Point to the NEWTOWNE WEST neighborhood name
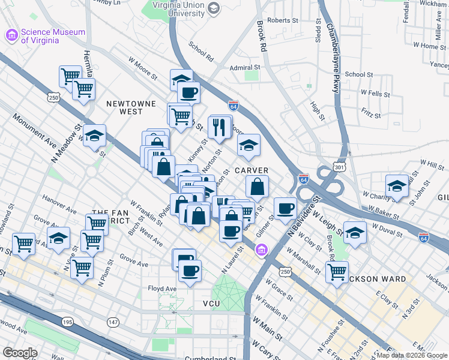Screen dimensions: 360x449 [125, 107]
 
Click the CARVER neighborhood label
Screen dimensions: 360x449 [251, 170]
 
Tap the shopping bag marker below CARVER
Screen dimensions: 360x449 [258, 188]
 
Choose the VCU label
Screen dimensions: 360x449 [212, 304]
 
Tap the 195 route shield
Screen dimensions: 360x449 [67, 323]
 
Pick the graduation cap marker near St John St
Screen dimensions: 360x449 [397, 187]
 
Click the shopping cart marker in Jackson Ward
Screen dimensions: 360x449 [337, 271]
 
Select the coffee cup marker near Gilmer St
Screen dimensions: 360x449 [286, 208]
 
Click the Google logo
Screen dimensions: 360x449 [20, 353]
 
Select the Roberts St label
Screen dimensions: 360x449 [283, 20]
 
